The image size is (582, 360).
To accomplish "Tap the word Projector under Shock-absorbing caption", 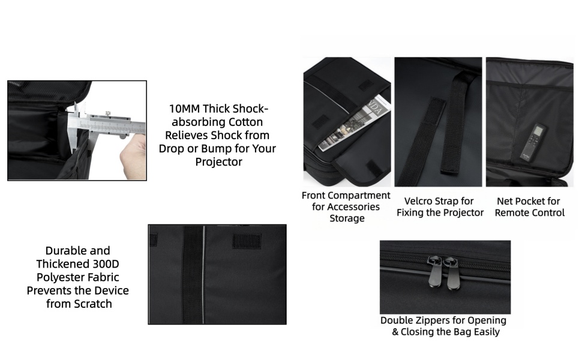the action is click(218, 162).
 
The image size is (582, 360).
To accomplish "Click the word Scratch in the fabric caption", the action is click(94, 304).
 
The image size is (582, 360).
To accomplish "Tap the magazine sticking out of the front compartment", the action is click(355, 123).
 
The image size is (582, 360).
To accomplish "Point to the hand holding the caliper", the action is click(133, 157).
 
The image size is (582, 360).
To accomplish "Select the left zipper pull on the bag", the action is click(434, 271).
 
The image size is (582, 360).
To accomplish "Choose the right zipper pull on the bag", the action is click(452, 273).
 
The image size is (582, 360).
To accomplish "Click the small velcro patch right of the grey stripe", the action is click(247, 241).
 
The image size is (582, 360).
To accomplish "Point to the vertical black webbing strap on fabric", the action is click(193, 274).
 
